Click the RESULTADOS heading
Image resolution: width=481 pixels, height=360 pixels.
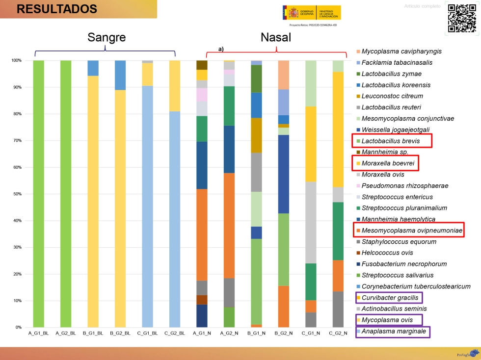click(x=57, y=9)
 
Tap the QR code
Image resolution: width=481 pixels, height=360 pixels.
click(x=462, y=18)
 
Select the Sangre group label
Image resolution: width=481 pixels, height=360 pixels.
click(x=107, y=38)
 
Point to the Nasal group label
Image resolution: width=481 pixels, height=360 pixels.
click(x=276, y=38)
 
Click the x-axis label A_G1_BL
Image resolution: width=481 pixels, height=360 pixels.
click(x=39, y=333)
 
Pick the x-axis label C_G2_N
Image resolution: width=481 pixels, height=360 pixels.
click(x=338, y=333)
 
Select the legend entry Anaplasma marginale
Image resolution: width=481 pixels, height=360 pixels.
click(x=394, y=331)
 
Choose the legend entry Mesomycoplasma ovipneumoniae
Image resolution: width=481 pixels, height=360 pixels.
click(x=409, y=230)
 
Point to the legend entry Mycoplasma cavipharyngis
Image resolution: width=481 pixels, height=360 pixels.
click(x=401, y=51)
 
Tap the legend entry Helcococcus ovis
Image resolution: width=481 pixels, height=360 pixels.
click(x=387, y=253)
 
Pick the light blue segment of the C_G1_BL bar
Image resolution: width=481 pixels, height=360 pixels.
click(x=147, y=206)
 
